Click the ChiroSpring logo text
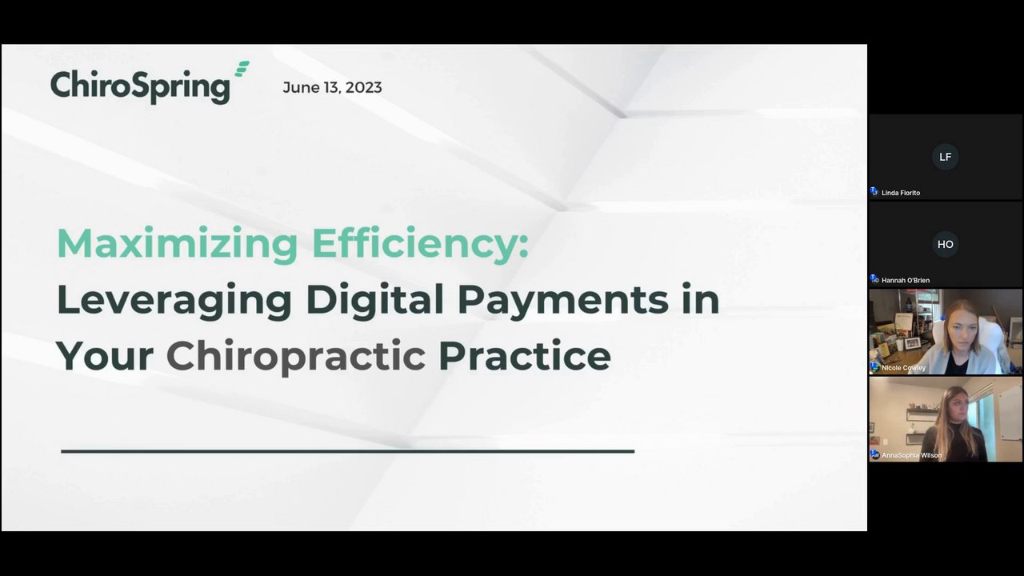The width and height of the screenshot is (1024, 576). (x=140, y=86)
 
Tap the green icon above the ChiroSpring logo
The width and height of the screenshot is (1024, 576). (x=242, y=69)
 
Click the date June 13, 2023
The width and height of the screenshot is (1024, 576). (x=332, y=87)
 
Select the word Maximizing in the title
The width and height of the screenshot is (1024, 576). (x=178, y=244)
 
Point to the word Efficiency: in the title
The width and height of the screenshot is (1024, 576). (x=420, y=244)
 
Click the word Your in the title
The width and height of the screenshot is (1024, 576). (x=105, y=356)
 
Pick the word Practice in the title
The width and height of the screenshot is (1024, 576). (x=525, y=356)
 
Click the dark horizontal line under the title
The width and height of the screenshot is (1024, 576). (x=347, y=451)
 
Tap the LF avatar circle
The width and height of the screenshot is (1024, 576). (x=945, y=157)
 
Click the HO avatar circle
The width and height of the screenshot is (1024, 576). (x=945, y=244)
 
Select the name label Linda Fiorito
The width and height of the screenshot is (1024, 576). (x=901, y=193)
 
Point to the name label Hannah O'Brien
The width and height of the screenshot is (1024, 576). (x=905, y=280)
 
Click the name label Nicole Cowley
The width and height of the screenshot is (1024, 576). (x=903, y=368)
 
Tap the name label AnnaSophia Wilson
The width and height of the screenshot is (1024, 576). (x=911, y=455)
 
